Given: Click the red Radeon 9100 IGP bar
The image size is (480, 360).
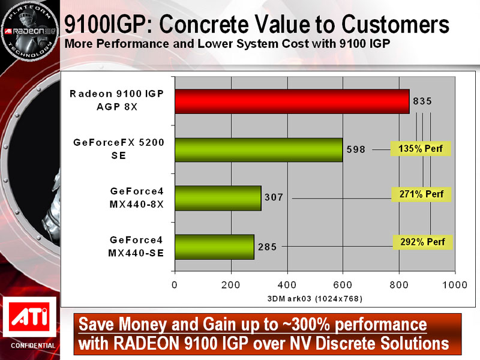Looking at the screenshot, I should (x=292, y=101).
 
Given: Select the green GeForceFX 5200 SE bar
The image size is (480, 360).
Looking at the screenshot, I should (x=259, y=149).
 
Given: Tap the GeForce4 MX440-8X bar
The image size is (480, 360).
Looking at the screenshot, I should (x=218, y=198).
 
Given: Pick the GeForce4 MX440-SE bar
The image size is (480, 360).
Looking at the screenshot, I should (x=214, y=247).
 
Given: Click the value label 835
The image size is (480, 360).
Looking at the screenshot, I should (x=422, y=101).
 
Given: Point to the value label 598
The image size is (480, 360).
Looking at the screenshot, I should (x=356, y=149).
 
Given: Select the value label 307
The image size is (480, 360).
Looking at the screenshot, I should (x=274, y=197).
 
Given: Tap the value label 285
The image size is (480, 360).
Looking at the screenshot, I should (x=267, y=246).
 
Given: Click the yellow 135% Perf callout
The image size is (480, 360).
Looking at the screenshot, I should (x=420, y=148).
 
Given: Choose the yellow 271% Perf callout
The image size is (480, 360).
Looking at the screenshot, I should (x=420, y=194).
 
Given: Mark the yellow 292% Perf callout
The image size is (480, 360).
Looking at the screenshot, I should (x=423, y=242).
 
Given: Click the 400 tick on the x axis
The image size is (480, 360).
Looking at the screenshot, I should (x=287, y=284).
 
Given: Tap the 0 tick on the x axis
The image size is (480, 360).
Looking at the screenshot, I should (x=175, y=284).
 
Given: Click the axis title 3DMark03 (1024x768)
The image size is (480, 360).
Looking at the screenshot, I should (x=315, y=298).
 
